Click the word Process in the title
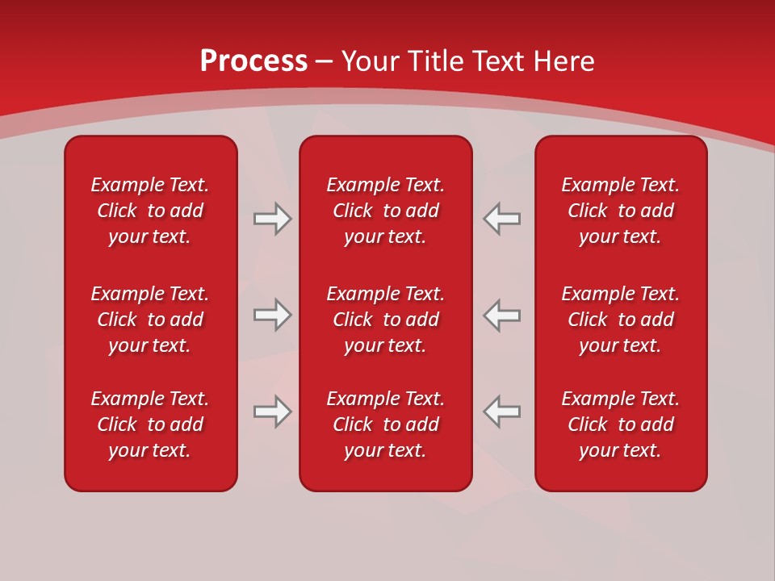pos(253,61)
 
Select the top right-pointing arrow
pos(272,219)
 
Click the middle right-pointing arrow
pos(272,315)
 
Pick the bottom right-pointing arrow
pos(272,412)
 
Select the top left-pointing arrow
pos(502,219)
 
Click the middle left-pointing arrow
pos(502,315)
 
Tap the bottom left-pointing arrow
pos(502,412)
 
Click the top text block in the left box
pos(150,211)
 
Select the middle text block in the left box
pos(150,320)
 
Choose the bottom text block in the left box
pos(150,424)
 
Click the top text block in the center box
pos(385,211)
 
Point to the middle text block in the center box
pos(385,320)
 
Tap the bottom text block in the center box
pos(385,424)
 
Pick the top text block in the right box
pos(620,211)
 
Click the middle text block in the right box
pos(620,320)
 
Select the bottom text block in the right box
pos(620,424)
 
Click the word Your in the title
pos(371,61)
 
